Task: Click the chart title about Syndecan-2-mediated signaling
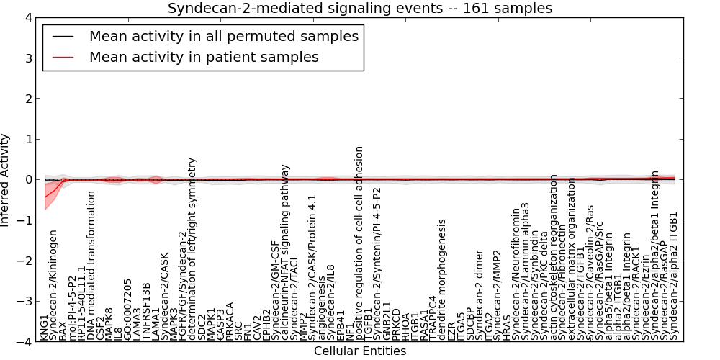[x=360, y=9]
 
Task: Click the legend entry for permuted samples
[x=223, y=36]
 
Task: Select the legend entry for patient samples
[x=204, y=57]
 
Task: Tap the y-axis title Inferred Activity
[x=6, y=179]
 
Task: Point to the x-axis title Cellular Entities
[x=360, y=351]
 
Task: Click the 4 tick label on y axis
[x=27, y=17]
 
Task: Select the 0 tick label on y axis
[x=27, y=180]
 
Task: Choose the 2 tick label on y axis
[x=27, y=99]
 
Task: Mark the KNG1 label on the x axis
[x=45, y=326]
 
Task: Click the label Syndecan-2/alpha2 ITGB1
[x=675, y=276]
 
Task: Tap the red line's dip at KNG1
[x=45, y=197]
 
